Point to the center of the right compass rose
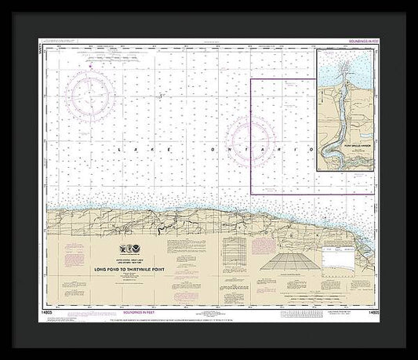(252, 132)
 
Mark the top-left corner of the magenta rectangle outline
(250, 79)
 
